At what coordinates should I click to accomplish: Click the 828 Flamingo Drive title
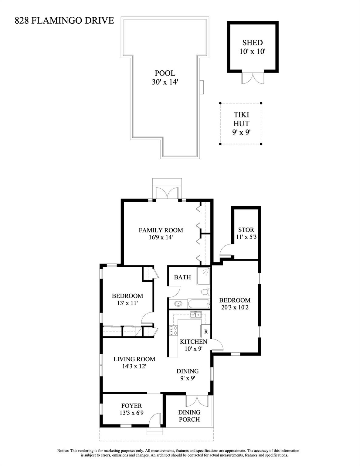[x=64, y=21]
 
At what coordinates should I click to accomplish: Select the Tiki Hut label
[x=241, y=119]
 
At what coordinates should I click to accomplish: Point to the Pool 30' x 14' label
[x=165, y=78]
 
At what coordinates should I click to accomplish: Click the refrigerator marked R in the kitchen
[x=206, y=331]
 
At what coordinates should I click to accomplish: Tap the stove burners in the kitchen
[x=173, y=330]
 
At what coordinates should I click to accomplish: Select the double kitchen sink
[x=195, y=315]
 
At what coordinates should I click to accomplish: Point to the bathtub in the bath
[x=199, y=303]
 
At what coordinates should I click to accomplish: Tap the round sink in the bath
[x=178, y=304]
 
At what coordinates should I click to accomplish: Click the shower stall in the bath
[x=203, y=276]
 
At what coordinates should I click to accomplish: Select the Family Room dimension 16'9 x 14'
[x=161, y=237]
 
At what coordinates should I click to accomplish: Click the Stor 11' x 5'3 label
[x=246, y=233]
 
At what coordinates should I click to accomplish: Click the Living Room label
[x=134, y=359]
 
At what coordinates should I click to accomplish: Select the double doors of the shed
[x=253, y=78]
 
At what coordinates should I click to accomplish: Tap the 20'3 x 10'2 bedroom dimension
[x=235, y=307]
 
